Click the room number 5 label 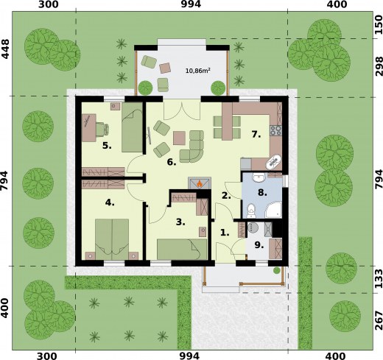pos(107,146)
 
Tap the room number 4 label pos(110,202)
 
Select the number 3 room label pos(179,220)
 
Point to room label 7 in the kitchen pos(256,135)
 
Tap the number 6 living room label pos(170,162)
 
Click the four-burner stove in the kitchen pos(277,131)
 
